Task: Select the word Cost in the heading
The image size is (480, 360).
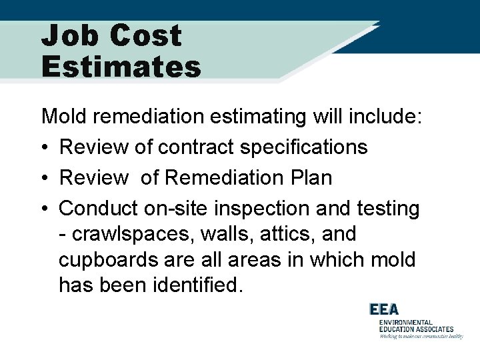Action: click(x=146, y=35)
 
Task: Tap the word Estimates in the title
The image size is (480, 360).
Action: click(x=121, y=67)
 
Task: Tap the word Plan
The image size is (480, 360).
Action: click(x=310, y=178)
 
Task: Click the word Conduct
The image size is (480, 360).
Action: click(x=98, y=209)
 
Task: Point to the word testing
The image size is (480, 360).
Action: click(x=386, y=209)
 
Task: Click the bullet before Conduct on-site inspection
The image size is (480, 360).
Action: click(x=44, y=209)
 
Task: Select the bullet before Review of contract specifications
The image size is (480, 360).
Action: click(x=44, y=147)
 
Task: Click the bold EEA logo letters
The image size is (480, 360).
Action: click(x=384, y=309)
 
